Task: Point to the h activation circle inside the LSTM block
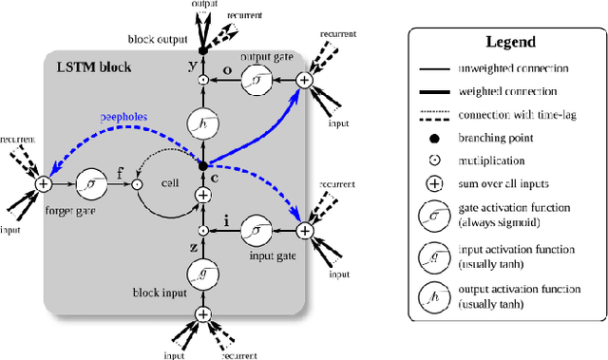click(x=201, y=122)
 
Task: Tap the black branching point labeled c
click(x=201, y=165)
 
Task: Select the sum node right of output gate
click(x=304, y=82)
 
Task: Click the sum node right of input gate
click(x=304, y=230)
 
